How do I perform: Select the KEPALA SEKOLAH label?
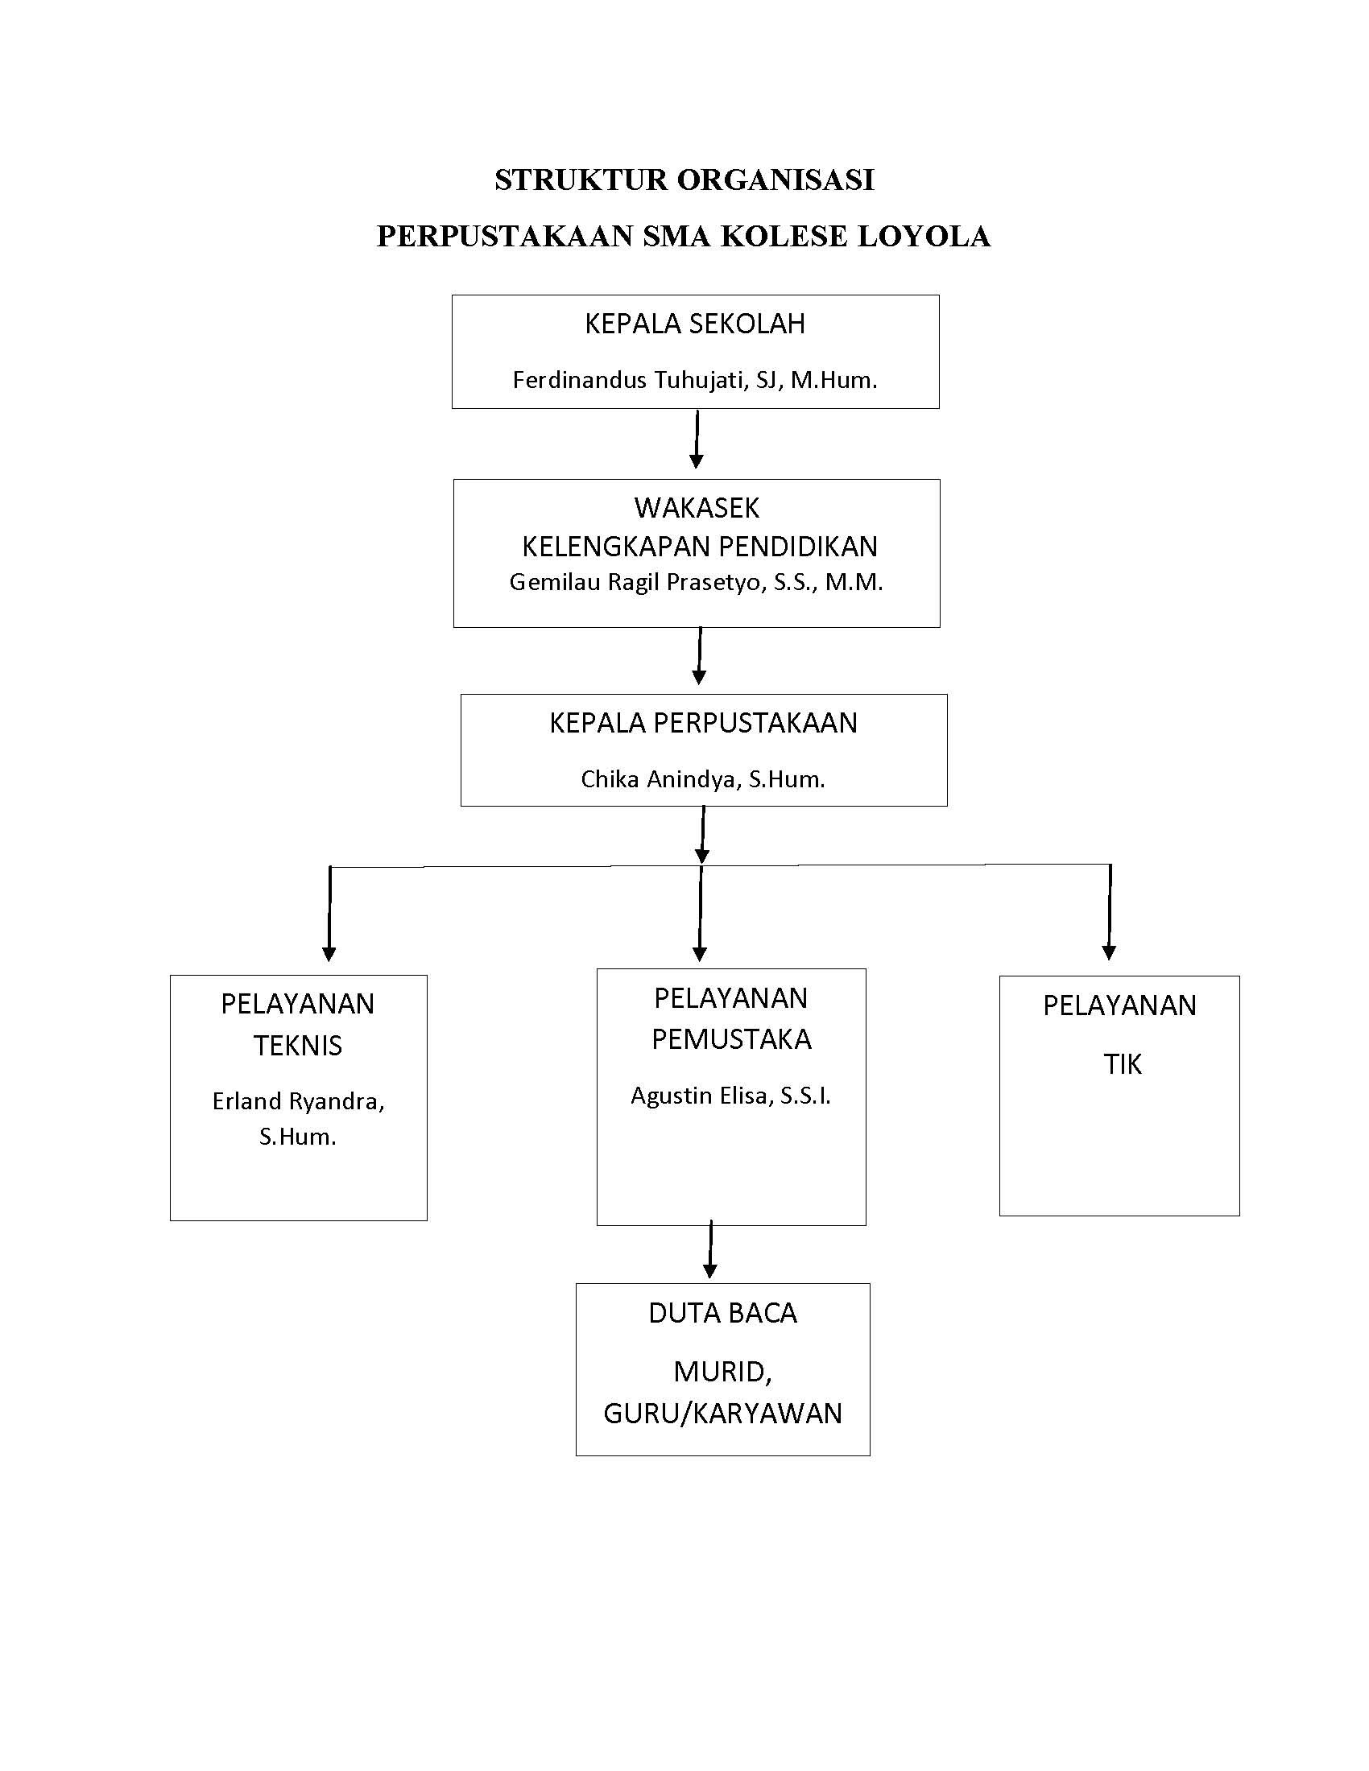695,324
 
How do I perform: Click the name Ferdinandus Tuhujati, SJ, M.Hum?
695,379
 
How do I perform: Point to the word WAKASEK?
697,508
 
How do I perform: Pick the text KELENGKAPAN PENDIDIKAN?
699,547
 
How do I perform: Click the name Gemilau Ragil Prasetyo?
638,582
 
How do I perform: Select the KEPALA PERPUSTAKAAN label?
703,723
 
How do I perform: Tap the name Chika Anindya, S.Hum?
703,779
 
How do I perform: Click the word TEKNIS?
298,1046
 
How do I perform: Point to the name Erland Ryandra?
298,1101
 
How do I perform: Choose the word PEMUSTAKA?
731,1039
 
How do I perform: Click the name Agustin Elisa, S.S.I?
730,1096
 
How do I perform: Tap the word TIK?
1123,1065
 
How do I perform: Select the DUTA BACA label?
722,1313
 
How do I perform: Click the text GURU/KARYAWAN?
722,1414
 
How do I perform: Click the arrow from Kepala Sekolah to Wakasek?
696,439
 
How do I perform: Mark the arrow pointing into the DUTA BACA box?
710,1249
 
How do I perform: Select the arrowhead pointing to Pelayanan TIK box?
1109,953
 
